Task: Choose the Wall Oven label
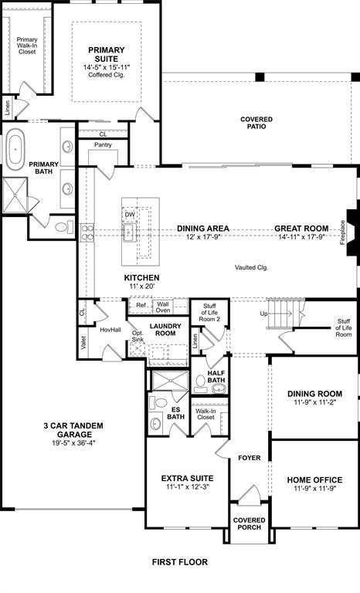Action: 163,308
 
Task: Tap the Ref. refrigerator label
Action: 141,306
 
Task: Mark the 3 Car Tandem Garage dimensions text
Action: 74,443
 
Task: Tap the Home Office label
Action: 314,479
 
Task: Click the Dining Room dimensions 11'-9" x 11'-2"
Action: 314,403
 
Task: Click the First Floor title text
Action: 180,562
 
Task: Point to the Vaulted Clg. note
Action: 251,267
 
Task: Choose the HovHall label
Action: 110,330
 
